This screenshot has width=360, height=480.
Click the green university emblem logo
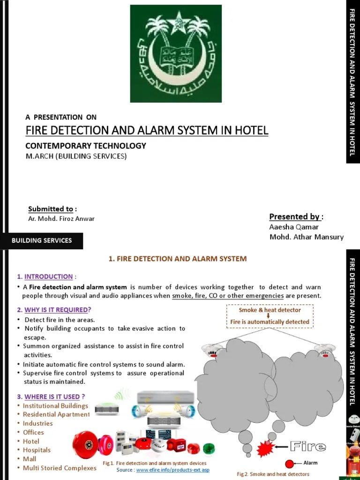coord(176,53)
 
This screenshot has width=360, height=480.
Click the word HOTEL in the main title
coord(252,130)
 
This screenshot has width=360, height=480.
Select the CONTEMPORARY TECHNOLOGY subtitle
coord(86,146)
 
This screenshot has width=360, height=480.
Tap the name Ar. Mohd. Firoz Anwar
coord(61,219)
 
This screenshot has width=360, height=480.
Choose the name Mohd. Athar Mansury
coord(307,237)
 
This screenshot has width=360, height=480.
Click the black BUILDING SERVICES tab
coord(42,240)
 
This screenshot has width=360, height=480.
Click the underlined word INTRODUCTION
coord(48,277)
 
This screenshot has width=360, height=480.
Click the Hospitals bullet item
coord(37,450)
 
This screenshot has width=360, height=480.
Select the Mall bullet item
coord(30,459)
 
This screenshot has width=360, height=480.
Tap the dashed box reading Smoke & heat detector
coord(270,316)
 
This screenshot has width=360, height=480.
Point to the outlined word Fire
coord(307,446)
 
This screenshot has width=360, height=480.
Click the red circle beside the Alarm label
coord(289,464)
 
